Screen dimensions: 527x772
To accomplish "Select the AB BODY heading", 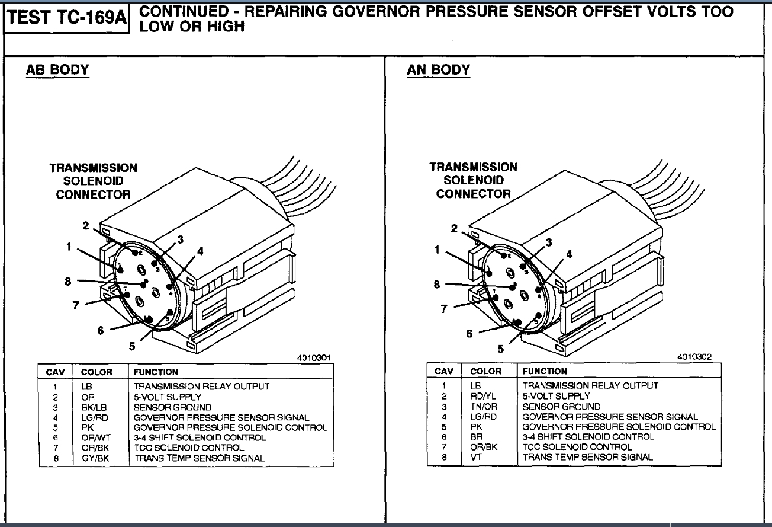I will pyautogui.click(x=57, y=70).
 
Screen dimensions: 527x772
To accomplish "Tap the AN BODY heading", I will pyautogui.click(x=438, y=70).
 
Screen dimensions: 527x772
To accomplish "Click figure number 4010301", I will pyautogui.click(x=313, y=358).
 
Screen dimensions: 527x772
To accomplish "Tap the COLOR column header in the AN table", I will pyautogui.click(x=485, y=371).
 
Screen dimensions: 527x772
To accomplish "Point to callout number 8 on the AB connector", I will pyautogui.click(x=68, y=282).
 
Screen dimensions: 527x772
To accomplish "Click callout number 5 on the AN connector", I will pyautogui.click(x=501, y=349).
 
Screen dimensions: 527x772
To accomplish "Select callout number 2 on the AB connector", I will pyautogui.click(x=86, y=226).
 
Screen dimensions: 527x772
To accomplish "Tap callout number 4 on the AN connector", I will pyautogui.click(x=569, y=254).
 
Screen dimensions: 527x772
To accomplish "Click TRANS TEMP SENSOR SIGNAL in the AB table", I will pyautogui.click(x=199, y=458).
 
